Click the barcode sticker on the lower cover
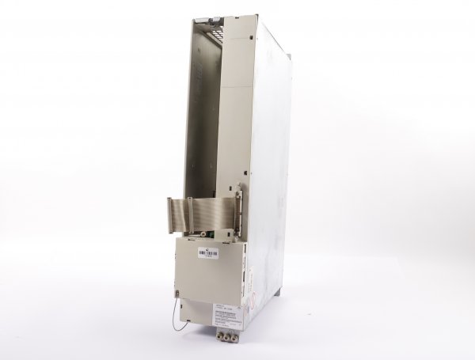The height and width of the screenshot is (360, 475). pos(207,254)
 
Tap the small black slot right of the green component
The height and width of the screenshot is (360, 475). pos(221,234)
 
